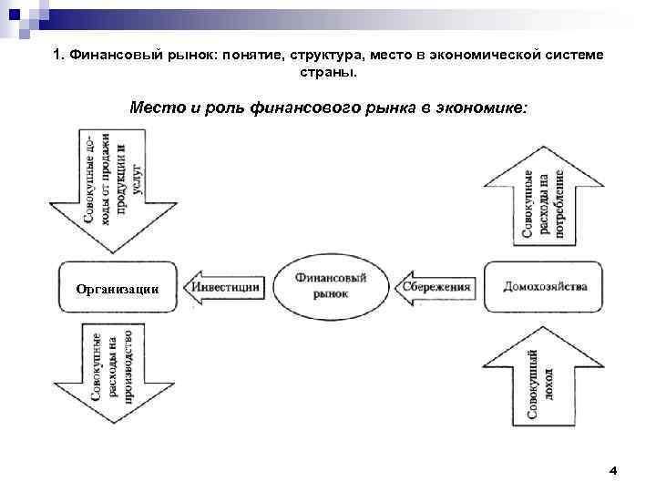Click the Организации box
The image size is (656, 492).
coord(117,289)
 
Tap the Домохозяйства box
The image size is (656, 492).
coord(544,286)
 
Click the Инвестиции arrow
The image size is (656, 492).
coord(223,286)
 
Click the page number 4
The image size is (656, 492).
coord(612,470)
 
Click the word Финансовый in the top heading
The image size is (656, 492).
coord(104,56)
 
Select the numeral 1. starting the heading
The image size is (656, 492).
coord(57,56)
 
